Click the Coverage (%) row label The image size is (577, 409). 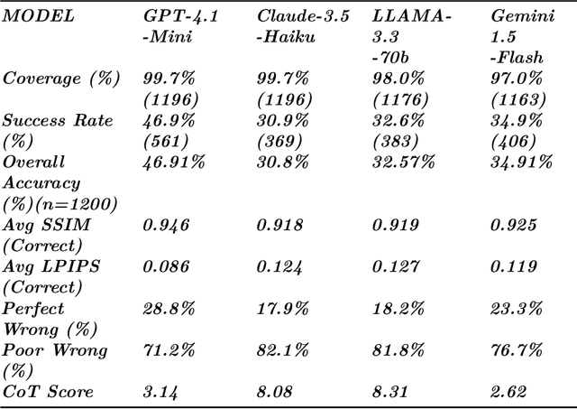[60, 78]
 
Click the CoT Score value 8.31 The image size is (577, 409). [390, 391]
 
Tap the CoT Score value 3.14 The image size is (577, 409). [162, 391]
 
